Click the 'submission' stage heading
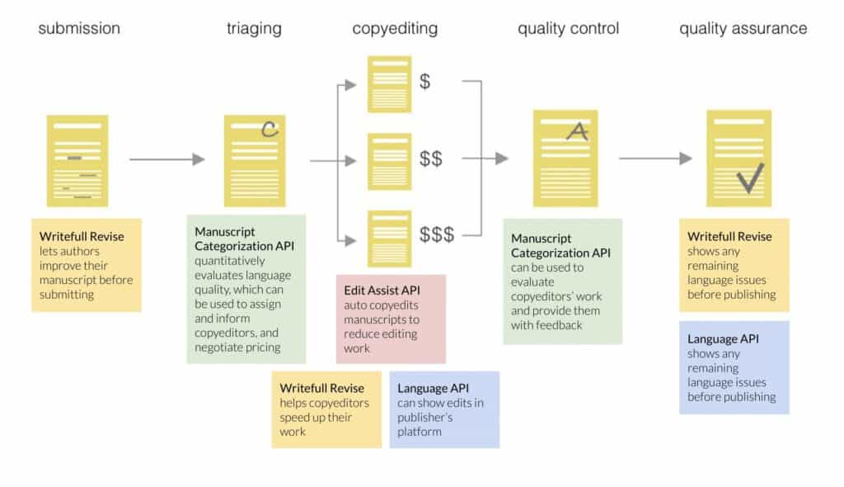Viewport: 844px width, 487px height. [79, 29]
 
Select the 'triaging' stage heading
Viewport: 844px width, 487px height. [254, 29]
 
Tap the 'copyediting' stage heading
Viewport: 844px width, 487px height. [395, 29]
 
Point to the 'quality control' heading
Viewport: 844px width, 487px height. [568, 29]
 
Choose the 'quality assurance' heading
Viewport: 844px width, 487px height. [743, 29]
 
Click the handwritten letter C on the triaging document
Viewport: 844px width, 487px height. [269, 129]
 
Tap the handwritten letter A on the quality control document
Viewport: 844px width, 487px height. [579, 130]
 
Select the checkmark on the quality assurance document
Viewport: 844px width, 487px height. [750, 177]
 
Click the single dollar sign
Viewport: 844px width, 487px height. [425, 81]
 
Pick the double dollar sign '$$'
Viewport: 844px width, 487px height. [430, 158]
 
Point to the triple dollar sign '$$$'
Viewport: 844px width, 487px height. [437, 234]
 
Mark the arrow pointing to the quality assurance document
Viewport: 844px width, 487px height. [655, 158]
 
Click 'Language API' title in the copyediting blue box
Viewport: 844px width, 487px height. [433, 387]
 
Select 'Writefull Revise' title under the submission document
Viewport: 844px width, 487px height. [82, 236]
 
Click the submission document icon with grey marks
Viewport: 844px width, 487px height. [77, 160]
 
